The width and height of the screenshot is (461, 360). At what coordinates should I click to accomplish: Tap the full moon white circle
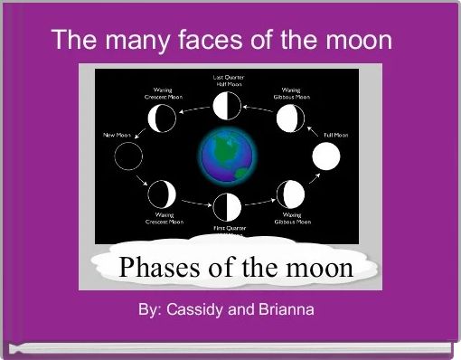(x=326, y=157)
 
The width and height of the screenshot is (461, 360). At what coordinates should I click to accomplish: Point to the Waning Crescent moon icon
(x=164, y=117)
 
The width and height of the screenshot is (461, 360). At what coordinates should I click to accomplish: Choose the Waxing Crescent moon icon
(x=164, y=193)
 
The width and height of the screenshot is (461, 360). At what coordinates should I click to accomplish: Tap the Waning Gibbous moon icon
(x=290, y=118)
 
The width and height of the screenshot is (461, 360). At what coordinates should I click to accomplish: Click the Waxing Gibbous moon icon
(x=290, y=194)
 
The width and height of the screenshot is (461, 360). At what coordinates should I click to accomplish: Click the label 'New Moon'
(x=117, y=134)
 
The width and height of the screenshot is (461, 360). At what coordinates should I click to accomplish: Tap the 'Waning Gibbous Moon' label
(x=292, y=92)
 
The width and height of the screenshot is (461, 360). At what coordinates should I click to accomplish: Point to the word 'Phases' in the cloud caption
(x=157, y=270)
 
